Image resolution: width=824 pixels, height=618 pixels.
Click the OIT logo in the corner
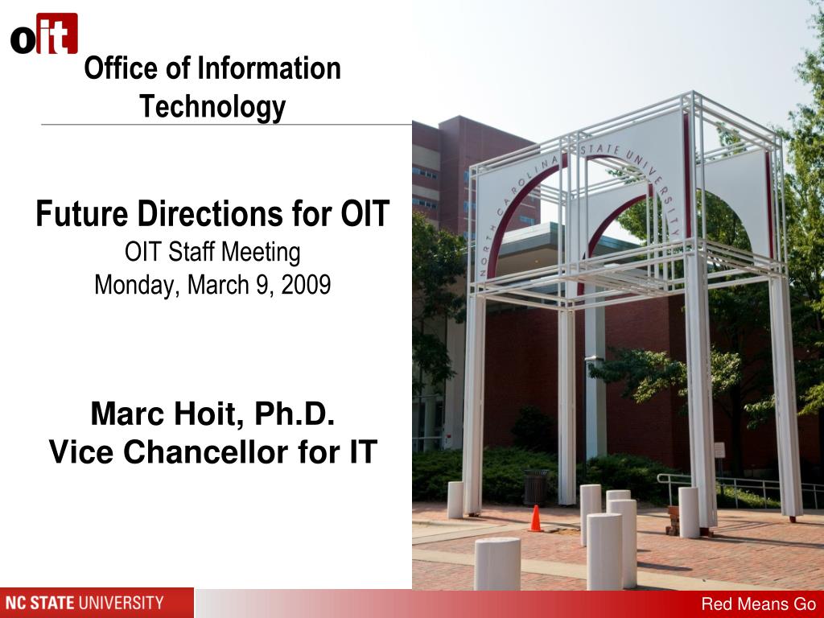[44, 34]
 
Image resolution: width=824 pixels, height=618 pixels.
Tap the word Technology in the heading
[212, 107]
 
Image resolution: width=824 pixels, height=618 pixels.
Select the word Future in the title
[82, 214]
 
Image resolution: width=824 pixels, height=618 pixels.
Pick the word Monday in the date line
[138, 286]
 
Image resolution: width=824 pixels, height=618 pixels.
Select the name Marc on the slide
[126, 414]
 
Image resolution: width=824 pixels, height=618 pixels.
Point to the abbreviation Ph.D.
[295, 414]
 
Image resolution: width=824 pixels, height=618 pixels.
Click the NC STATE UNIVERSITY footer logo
[84, 602]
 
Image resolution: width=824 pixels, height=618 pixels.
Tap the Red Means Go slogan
[758, 604]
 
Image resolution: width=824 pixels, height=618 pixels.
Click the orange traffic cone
[535, 519]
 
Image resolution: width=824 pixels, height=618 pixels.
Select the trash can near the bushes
[535, 487]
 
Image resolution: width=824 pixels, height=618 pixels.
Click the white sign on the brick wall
[719, 450]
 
